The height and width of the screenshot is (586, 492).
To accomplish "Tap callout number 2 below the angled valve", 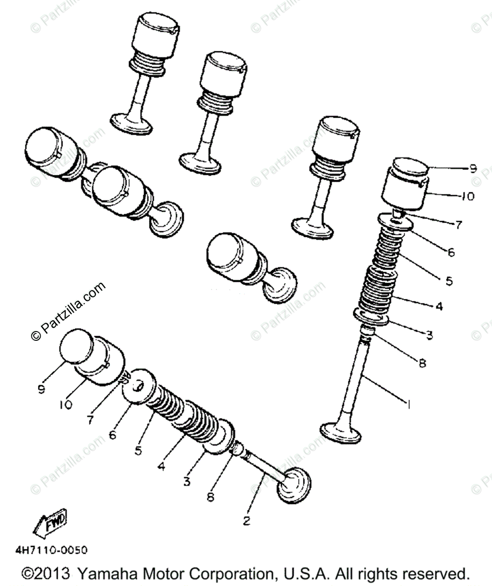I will pos(247,521).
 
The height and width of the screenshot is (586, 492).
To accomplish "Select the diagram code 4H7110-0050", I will pos(52,550).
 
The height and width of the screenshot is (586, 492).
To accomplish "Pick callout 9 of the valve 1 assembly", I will pos(472,168).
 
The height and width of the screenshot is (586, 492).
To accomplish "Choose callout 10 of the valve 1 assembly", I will pos(467,196).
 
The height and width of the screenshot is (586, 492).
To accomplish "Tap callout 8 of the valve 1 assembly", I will pos(422,363).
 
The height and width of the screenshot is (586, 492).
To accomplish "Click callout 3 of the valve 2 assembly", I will pos(186,481).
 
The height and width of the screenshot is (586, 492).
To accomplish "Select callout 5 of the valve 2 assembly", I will pos(138,450).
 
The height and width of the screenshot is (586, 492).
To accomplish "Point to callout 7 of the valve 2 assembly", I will pos(90,419).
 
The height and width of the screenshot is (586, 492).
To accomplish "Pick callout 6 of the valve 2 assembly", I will pos(113,434).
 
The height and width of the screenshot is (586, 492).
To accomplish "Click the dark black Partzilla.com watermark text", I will pos(68,311).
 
